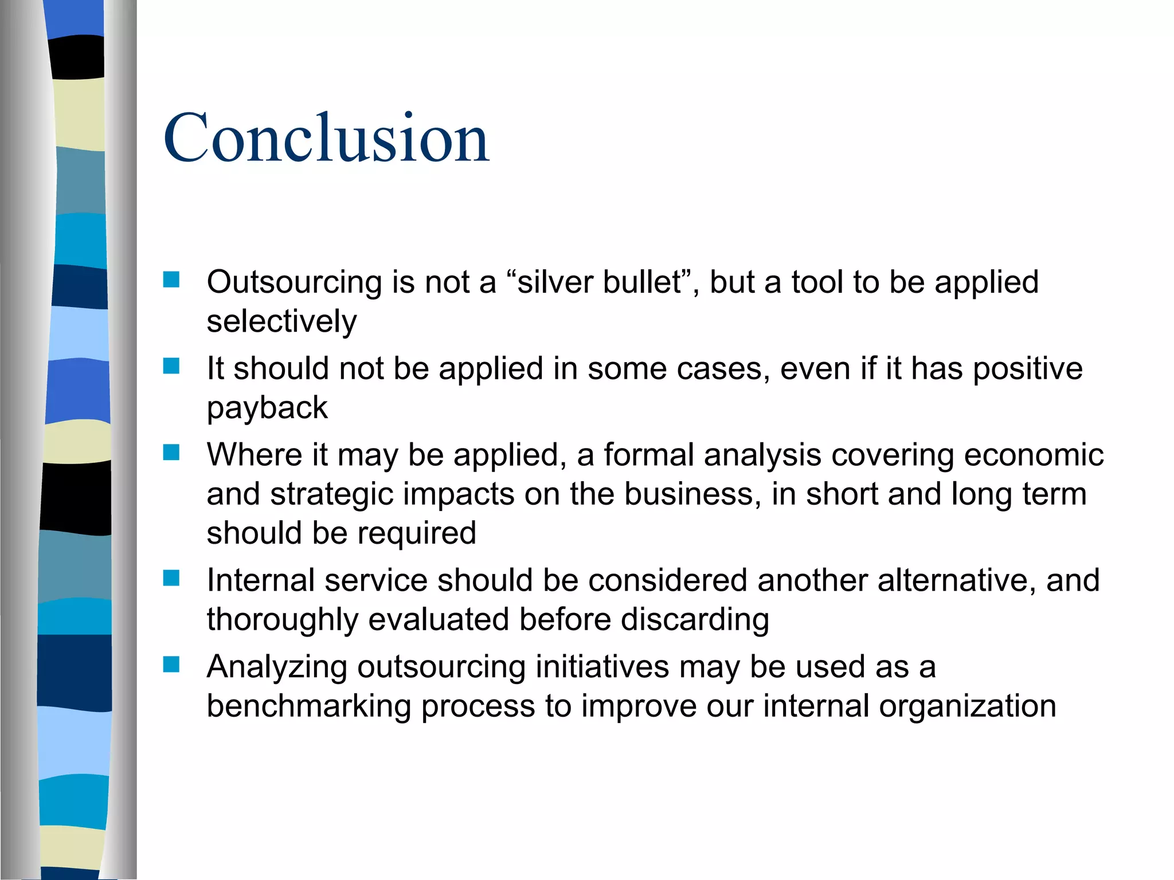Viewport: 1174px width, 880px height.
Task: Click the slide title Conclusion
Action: click(326, 138)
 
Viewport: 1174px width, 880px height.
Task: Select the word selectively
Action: click(281, 321)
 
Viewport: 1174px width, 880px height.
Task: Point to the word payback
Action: click(267, 408)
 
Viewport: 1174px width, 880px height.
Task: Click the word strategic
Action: click(332, 494)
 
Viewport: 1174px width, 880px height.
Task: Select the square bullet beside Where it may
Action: click(171, 453)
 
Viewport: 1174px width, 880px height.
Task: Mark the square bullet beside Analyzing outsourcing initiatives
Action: click(171, 665)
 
